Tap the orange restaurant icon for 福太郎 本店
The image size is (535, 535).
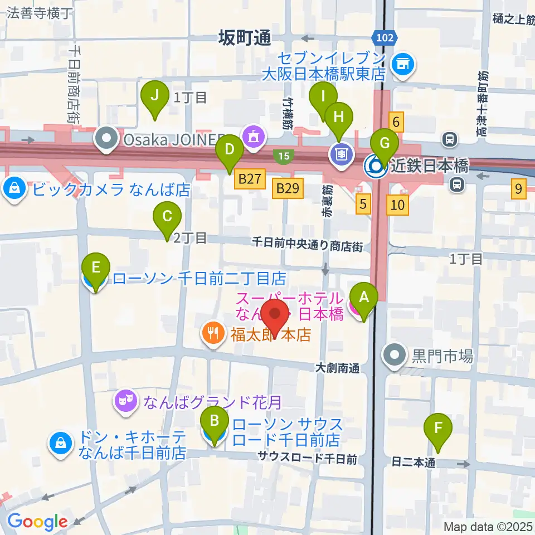212,334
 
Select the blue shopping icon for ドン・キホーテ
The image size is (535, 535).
59,444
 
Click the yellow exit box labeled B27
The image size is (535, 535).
249,180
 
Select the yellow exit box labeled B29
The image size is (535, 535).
288,188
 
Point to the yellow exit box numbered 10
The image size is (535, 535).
397,205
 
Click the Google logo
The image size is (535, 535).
37,521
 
